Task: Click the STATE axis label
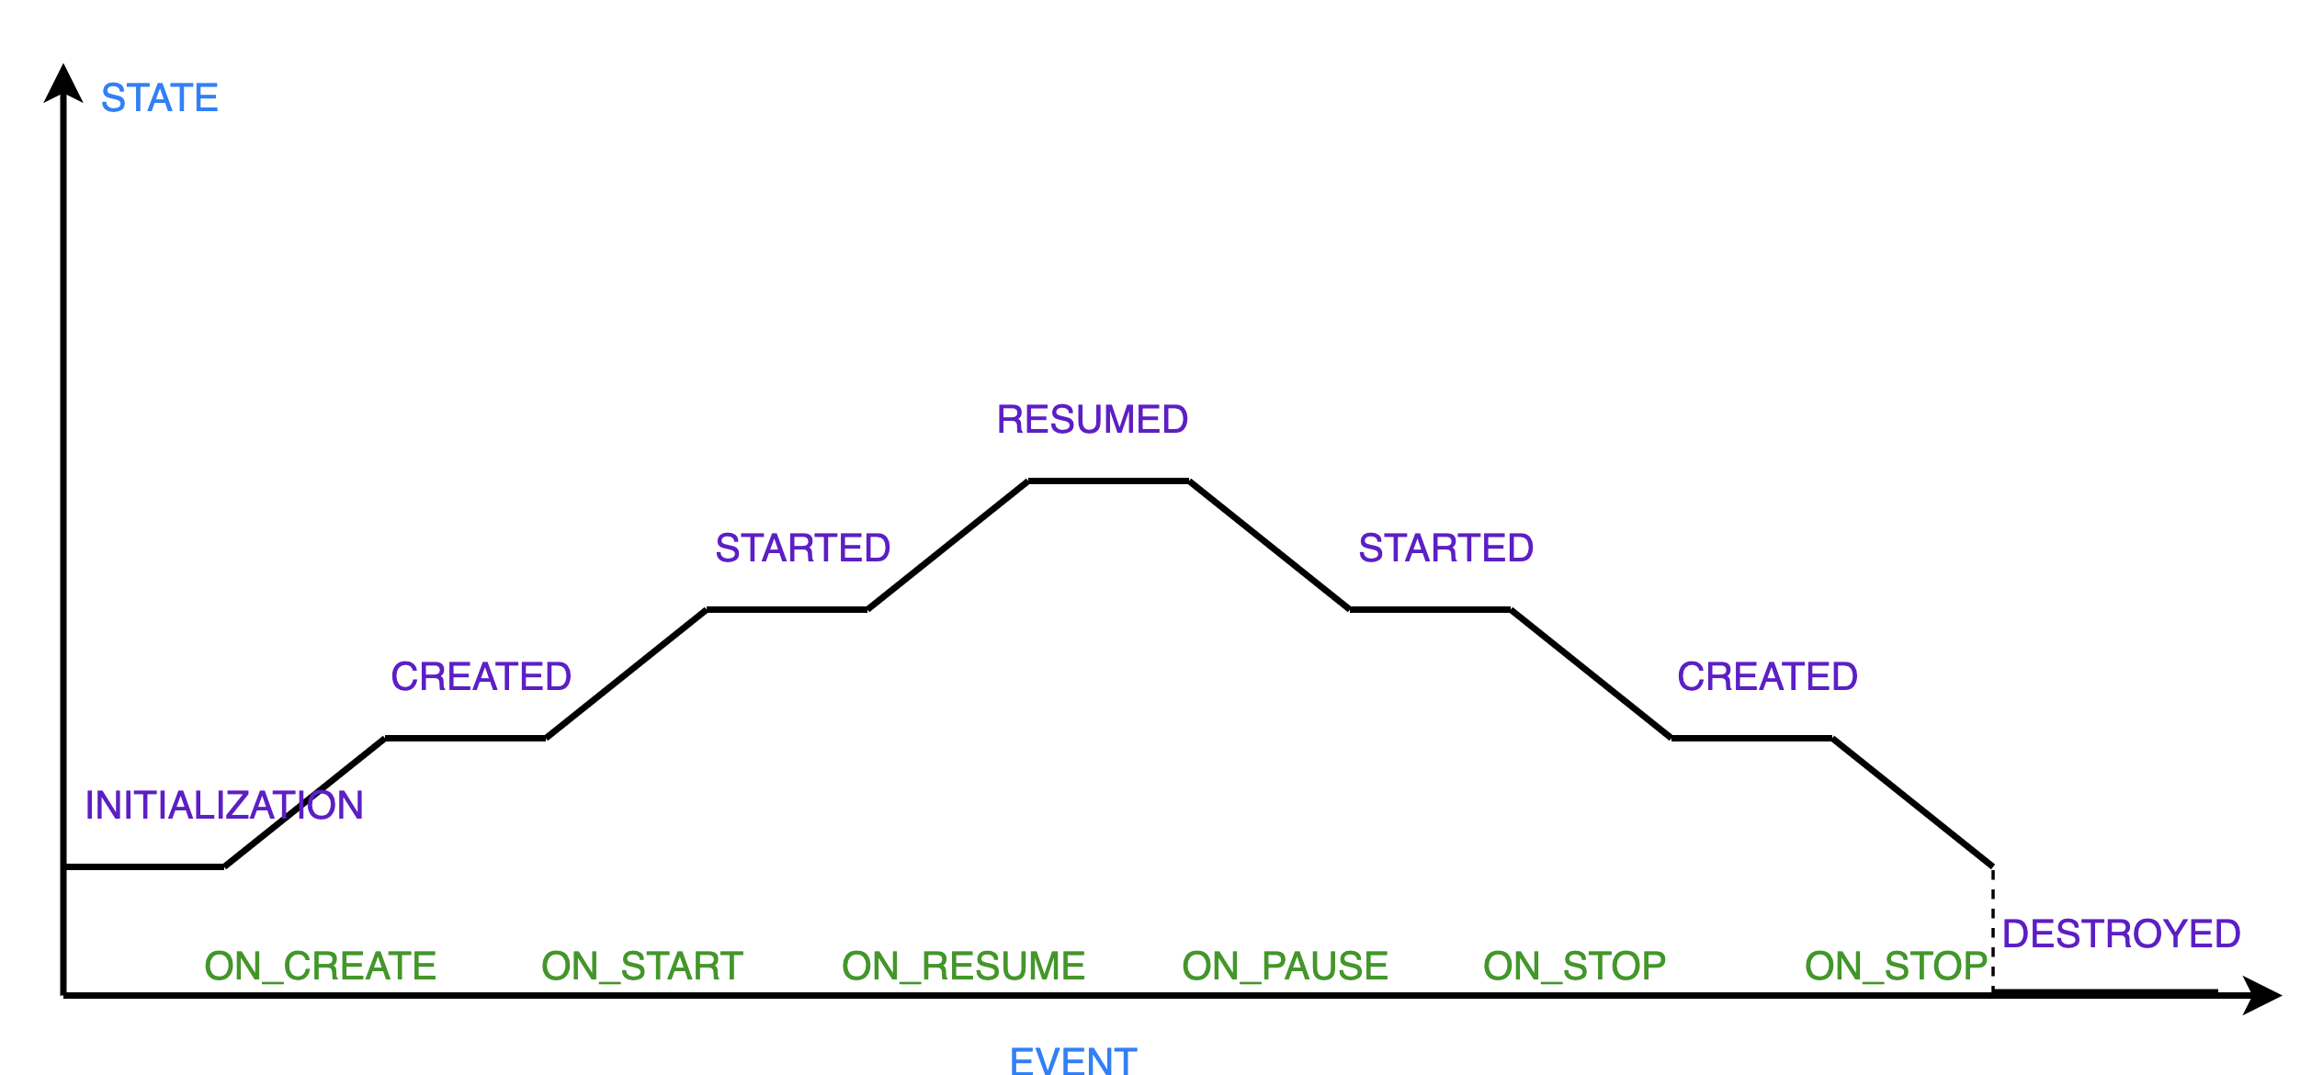(x=159, y=98)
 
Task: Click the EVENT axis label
(x=1073, y=1060)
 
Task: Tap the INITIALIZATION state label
(x=223, y=806)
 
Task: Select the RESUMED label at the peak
(x=1093, y=420)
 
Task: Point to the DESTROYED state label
(x=2122, y=934)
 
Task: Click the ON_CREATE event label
(x=320, y=967)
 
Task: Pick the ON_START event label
(x=642, y=967)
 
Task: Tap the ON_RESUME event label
(x=964, y=967)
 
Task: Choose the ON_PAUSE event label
(x=1285, y=967)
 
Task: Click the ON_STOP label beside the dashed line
(x=1896, y=967)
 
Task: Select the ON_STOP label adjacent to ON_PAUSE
(x=1575, y=967)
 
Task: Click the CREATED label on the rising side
(x=481, y=677)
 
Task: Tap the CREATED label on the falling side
(x=1767, y=677)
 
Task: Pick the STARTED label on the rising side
(x=803, y=549)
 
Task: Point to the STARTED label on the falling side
(x=1446, y=549)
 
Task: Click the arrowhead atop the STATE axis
(x=63, y=83)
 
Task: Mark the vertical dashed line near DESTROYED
(x=1992, y=928)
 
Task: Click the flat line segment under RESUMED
(x=1108, y=481)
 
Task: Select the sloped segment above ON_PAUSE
(x=1269, y=545)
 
